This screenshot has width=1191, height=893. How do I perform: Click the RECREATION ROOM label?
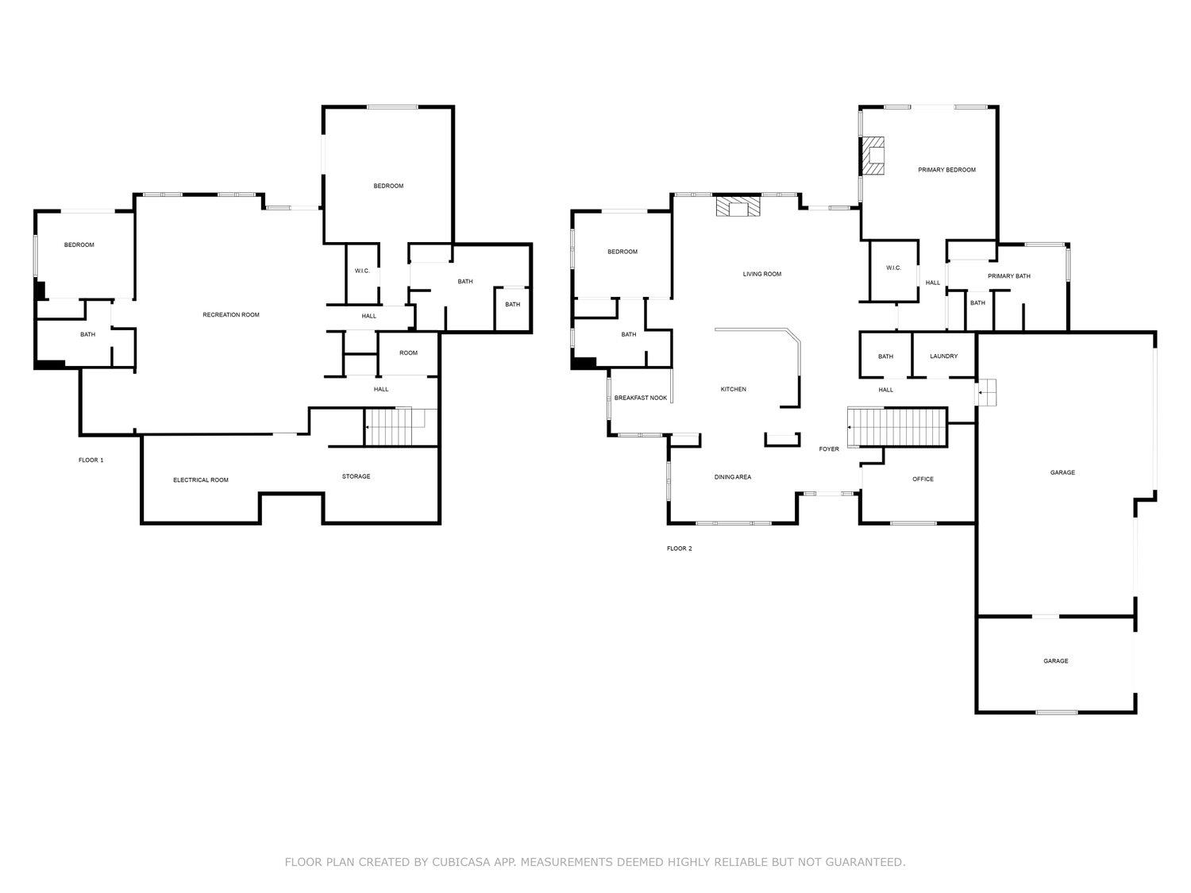coord(230,314)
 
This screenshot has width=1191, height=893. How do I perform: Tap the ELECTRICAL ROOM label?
coord(201,480)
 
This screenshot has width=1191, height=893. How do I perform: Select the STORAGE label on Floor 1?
coord(356,476)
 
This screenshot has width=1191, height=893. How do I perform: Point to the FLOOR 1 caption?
coord(91,460)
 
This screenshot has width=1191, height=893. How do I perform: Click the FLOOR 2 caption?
coord(680,549)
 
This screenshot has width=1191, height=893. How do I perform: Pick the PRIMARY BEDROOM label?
coord(946,170)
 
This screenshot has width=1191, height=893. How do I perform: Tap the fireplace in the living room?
coord(738,206)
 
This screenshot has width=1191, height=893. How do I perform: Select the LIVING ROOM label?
coord(761,274)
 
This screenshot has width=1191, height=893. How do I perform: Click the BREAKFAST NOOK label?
coord(640,398)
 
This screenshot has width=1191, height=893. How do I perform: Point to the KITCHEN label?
coord(733,389)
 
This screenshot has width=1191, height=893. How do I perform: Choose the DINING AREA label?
coord(733,476)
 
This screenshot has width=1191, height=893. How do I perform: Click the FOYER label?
coord(829,448)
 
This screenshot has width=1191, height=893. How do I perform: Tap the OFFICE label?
coord(923,479)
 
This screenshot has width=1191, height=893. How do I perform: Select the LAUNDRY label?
coord(943,356)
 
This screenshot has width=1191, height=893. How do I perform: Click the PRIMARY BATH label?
coord(1008,275)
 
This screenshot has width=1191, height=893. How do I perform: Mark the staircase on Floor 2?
coord(897,427)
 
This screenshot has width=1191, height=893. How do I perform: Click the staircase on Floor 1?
coord(401,427)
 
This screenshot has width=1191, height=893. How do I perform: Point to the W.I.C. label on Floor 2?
coord(893,268)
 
